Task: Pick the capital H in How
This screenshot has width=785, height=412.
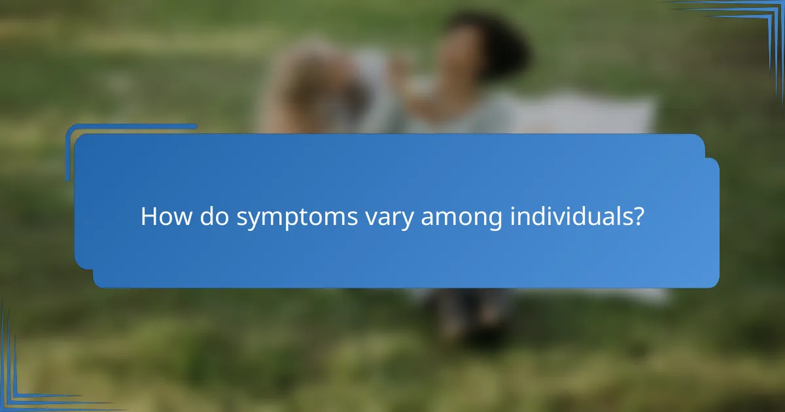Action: click(x=148, y=216)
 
